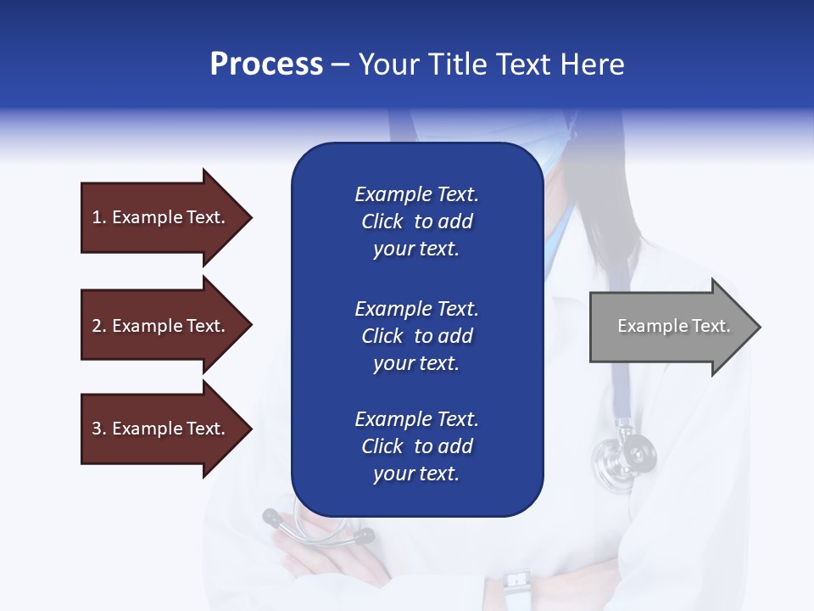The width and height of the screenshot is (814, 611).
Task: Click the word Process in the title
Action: (x=266, y=64)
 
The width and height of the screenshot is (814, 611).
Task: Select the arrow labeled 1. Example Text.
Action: (x=161, y=217)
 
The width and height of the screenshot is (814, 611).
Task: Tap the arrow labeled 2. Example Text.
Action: (x=161, y=326)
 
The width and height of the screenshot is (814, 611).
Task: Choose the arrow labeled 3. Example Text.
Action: (x=161, y=429)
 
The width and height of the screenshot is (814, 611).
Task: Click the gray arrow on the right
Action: (x=670, y=327)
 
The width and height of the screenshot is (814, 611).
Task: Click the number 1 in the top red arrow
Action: (x=97, y=217)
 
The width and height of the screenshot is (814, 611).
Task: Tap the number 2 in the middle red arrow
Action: (x=97, y=326)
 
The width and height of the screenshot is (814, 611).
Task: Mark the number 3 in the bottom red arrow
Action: (x=97, y=429)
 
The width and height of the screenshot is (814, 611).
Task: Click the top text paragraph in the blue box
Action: (x=416, y=221)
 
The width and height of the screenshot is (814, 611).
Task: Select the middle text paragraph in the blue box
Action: (x=416, y=336)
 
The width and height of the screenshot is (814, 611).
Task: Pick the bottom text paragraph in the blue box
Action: (x=416, y=446)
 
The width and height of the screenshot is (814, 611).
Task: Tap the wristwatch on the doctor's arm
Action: (x=516, y=584)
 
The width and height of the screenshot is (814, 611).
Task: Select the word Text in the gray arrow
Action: (x=711, y=326)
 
